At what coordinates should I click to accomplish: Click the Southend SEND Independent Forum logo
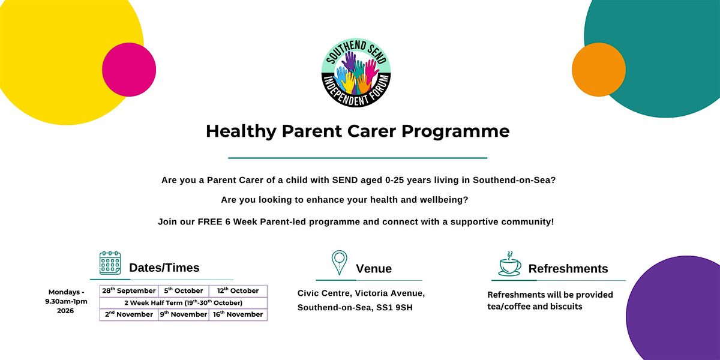click(x=356, y=73)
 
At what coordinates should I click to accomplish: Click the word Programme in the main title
click(x=455, y=132)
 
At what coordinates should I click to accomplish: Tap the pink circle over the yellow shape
click(x=129, y=70)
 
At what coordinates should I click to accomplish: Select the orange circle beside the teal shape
click(x=599, y=70)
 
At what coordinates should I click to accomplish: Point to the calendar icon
click(x=110, y=263)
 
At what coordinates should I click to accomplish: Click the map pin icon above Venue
click(x=340, y=263)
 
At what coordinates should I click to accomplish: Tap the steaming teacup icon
click(x=510, y=264)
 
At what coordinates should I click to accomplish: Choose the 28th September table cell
click(x=129, y=291)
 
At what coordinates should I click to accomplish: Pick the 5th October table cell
click(x=184, y=291)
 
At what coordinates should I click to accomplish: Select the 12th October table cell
click(x=238, y=291)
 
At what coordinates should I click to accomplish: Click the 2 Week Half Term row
click(x=184, y=303)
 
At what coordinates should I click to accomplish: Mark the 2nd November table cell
click(x=129, y=314)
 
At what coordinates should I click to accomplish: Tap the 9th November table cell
click(x=184, y=314)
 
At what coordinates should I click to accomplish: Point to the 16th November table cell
click(x=238, y=314)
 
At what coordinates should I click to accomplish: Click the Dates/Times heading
click(x=164, y=268)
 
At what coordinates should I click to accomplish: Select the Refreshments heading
click(x=568, y=269)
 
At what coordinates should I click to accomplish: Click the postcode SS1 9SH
click(x=394, y=308)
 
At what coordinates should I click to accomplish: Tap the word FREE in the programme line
click(x=210, y=222)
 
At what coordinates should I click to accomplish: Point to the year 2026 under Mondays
click(x=65, y=311)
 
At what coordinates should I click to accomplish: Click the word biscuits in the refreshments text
click(x=566, y=307)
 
